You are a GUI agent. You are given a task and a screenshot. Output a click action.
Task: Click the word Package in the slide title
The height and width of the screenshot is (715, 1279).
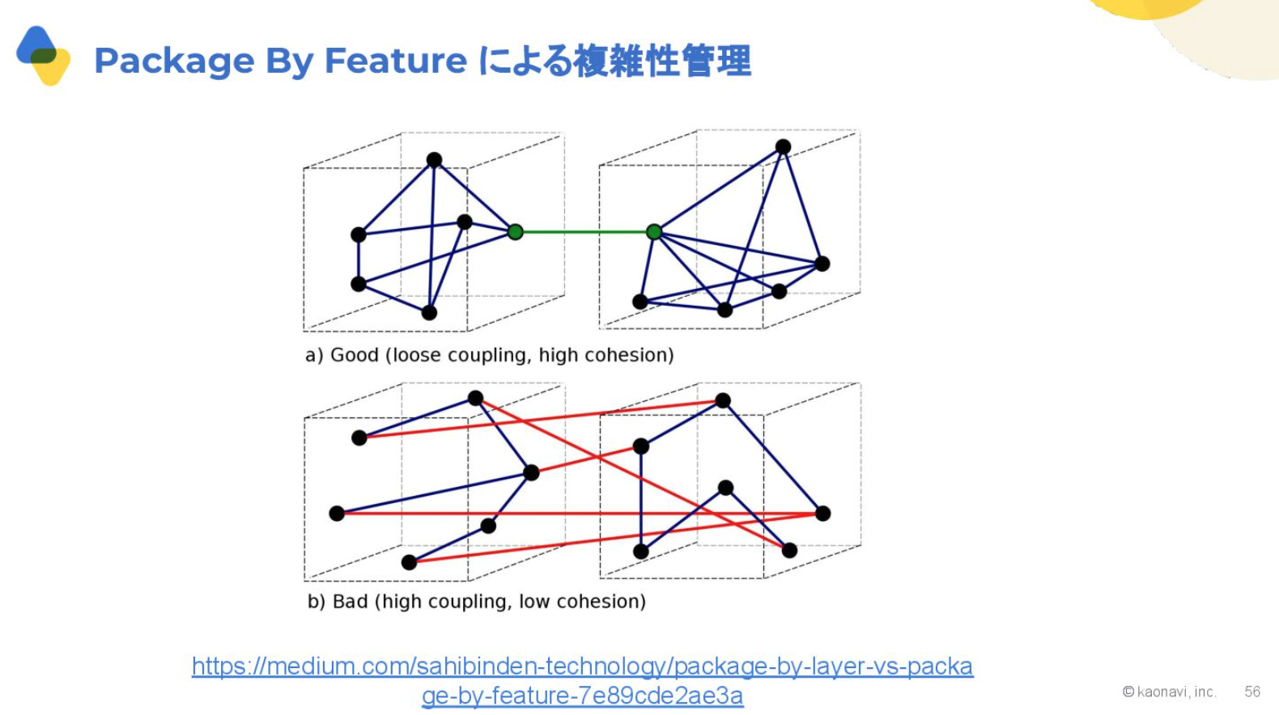[174, 61]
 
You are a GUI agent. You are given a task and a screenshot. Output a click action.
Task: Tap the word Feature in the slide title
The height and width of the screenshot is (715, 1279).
[396, 60]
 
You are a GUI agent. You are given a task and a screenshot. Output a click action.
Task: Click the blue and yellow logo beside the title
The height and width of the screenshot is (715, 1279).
[44, 55]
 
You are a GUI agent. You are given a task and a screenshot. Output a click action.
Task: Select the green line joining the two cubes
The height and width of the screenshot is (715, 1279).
[584, 231]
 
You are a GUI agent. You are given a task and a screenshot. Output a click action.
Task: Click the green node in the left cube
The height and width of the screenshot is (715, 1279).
[515, 231]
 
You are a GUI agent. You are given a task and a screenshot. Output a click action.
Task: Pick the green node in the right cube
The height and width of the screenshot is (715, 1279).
[654, 231]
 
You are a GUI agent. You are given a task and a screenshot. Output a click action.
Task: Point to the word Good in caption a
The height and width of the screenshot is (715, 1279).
[355, 355]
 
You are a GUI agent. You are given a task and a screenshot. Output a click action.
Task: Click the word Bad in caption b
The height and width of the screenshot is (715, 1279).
[350, 602]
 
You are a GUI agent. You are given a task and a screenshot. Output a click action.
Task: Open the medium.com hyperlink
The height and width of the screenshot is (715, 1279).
[582, 681]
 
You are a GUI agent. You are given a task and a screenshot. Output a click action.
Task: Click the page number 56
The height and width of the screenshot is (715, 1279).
[1252, 692]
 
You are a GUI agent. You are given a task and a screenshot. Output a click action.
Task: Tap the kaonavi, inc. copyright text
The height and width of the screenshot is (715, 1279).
[1170, 692]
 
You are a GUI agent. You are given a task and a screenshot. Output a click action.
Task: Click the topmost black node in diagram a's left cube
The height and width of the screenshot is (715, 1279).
[434, 160]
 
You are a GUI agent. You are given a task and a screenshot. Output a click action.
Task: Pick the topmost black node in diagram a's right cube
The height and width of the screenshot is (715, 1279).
[783, 146]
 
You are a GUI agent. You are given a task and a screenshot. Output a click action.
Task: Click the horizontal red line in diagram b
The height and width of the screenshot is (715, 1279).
[580, 514]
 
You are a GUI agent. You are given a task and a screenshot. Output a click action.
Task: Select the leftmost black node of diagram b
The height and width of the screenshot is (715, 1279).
[337, 514]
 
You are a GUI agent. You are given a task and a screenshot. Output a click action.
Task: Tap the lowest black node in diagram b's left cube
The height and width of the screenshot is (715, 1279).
[409, 563]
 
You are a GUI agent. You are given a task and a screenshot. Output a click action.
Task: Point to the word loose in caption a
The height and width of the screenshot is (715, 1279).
[418, 355]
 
